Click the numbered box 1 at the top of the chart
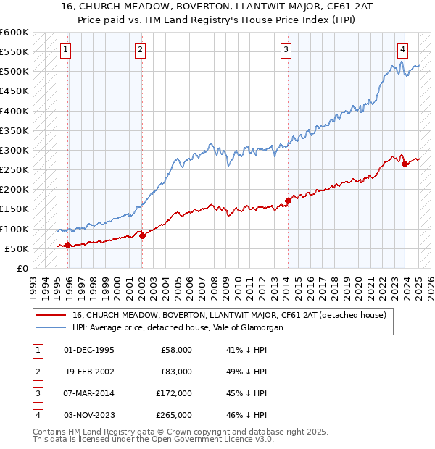(65, 50)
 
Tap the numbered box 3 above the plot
(286, 50)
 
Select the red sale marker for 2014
(288, 201)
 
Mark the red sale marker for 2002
(142, 235)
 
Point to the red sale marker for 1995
(67, 245)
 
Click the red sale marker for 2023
(405, 164)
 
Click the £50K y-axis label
(17, 248)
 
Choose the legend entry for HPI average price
(177, 327)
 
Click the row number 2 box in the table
(37, 372)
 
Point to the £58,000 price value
(177, 350)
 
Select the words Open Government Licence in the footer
(207, 439)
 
